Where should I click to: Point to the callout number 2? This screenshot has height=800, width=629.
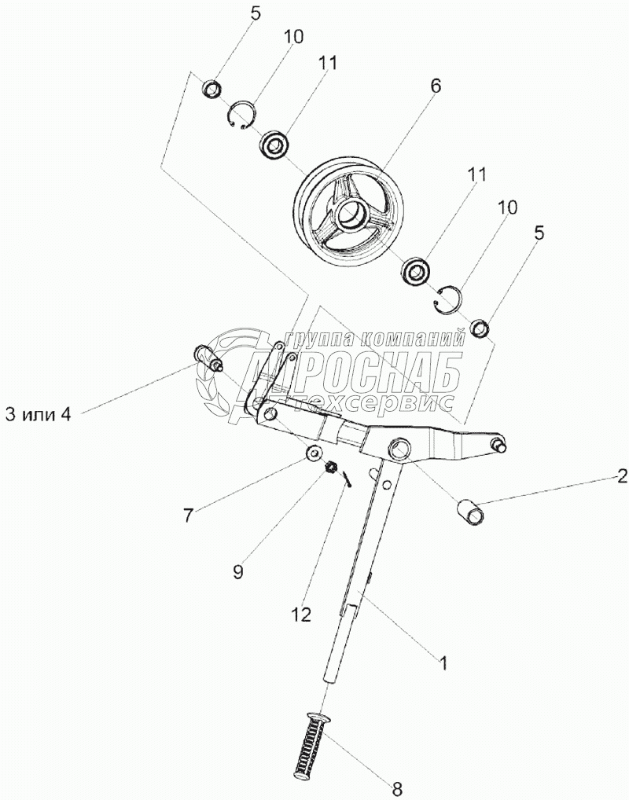(x=621, y=475)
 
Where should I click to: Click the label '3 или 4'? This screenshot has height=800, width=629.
(x=39, y=414)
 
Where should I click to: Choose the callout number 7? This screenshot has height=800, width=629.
(x=187, y=516)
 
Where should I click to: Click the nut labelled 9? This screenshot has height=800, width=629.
(x=333, y=468)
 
